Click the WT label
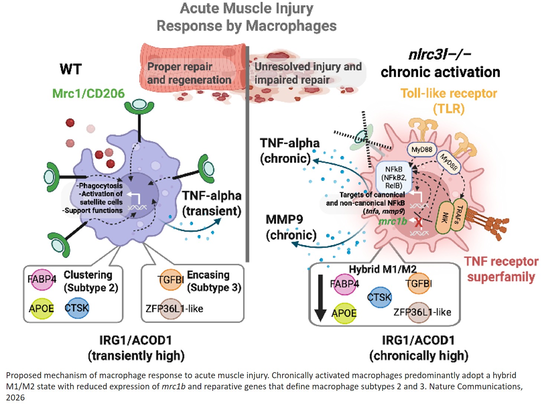coord(71,69)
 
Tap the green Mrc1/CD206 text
coord(88,94)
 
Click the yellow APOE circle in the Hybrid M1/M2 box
coord(344,313)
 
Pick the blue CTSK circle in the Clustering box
coord(77,308)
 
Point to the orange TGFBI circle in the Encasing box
coord(170,279)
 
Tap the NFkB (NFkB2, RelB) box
coord(394,177)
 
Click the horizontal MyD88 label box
coord(422,150)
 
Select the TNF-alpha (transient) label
coord(212,203)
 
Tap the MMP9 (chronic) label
coord(291,227)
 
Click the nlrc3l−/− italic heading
coord(439,55)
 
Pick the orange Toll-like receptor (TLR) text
coord(448,101)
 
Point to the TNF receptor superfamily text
coord(501,269)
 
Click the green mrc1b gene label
coord(393,222)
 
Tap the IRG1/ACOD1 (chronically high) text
coord(418,348)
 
